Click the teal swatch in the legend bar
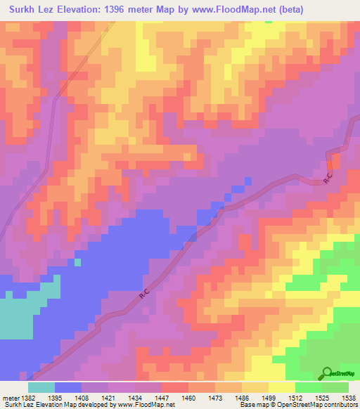coord(41,387)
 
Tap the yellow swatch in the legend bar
coord(281,387)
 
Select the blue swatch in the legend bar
coord(67,387)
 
